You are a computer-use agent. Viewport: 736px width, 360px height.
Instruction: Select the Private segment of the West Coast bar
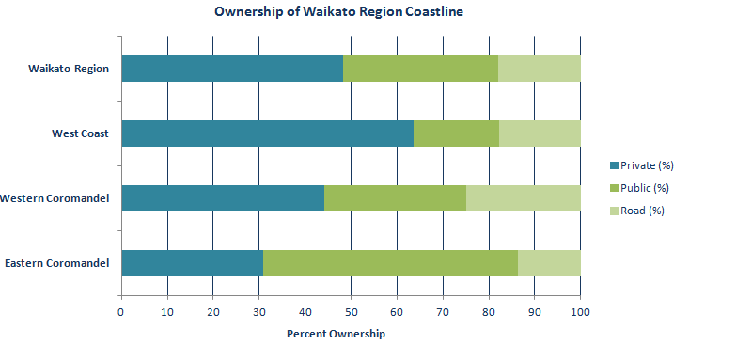click(x=267, y=133)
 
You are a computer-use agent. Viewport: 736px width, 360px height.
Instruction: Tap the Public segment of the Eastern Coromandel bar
click(x=390, y=263)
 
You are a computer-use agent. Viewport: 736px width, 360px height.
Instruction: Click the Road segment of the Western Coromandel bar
click(x=523, y=198)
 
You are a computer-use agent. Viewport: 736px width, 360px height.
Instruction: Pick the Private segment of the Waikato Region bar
click(x=232, y=69)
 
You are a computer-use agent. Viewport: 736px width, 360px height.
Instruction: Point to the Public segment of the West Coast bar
click(x=456, y=133)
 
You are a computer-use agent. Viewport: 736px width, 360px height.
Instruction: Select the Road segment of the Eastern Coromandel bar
click(x=549, y=263)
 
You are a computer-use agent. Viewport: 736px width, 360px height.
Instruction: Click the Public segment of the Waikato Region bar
click(x=420, y=69)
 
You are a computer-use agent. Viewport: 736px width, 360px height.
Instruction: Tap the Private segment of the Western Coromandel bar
click(x=223, y=198)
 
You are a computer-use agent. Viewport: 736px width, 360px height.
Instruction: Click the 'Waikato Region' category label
click(x=68, y=69)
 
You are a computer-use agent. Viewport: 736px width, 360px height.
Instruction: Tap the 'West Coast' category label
click(x=80, y=133)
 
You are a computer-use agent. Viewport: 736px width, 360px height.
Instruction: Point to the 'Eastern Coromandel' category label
click(x=56, y=263)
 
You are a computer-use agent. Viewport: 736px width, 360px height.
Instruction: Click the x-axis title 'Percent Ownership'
click(x=336, y=334)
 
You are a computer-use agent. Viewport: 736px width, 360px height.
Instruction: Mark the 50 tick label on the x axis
click(x=351, y=312)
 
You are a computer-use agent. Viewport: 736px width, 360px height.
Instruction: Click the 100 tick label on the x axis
click(x=580, y=312)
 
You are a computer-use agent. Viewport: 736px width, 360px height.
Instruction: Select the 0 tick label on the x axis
click(x=121, y=312)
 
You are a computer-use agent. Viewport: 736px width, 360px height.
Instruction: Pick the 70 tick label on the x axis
click(x=443, y=312)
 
